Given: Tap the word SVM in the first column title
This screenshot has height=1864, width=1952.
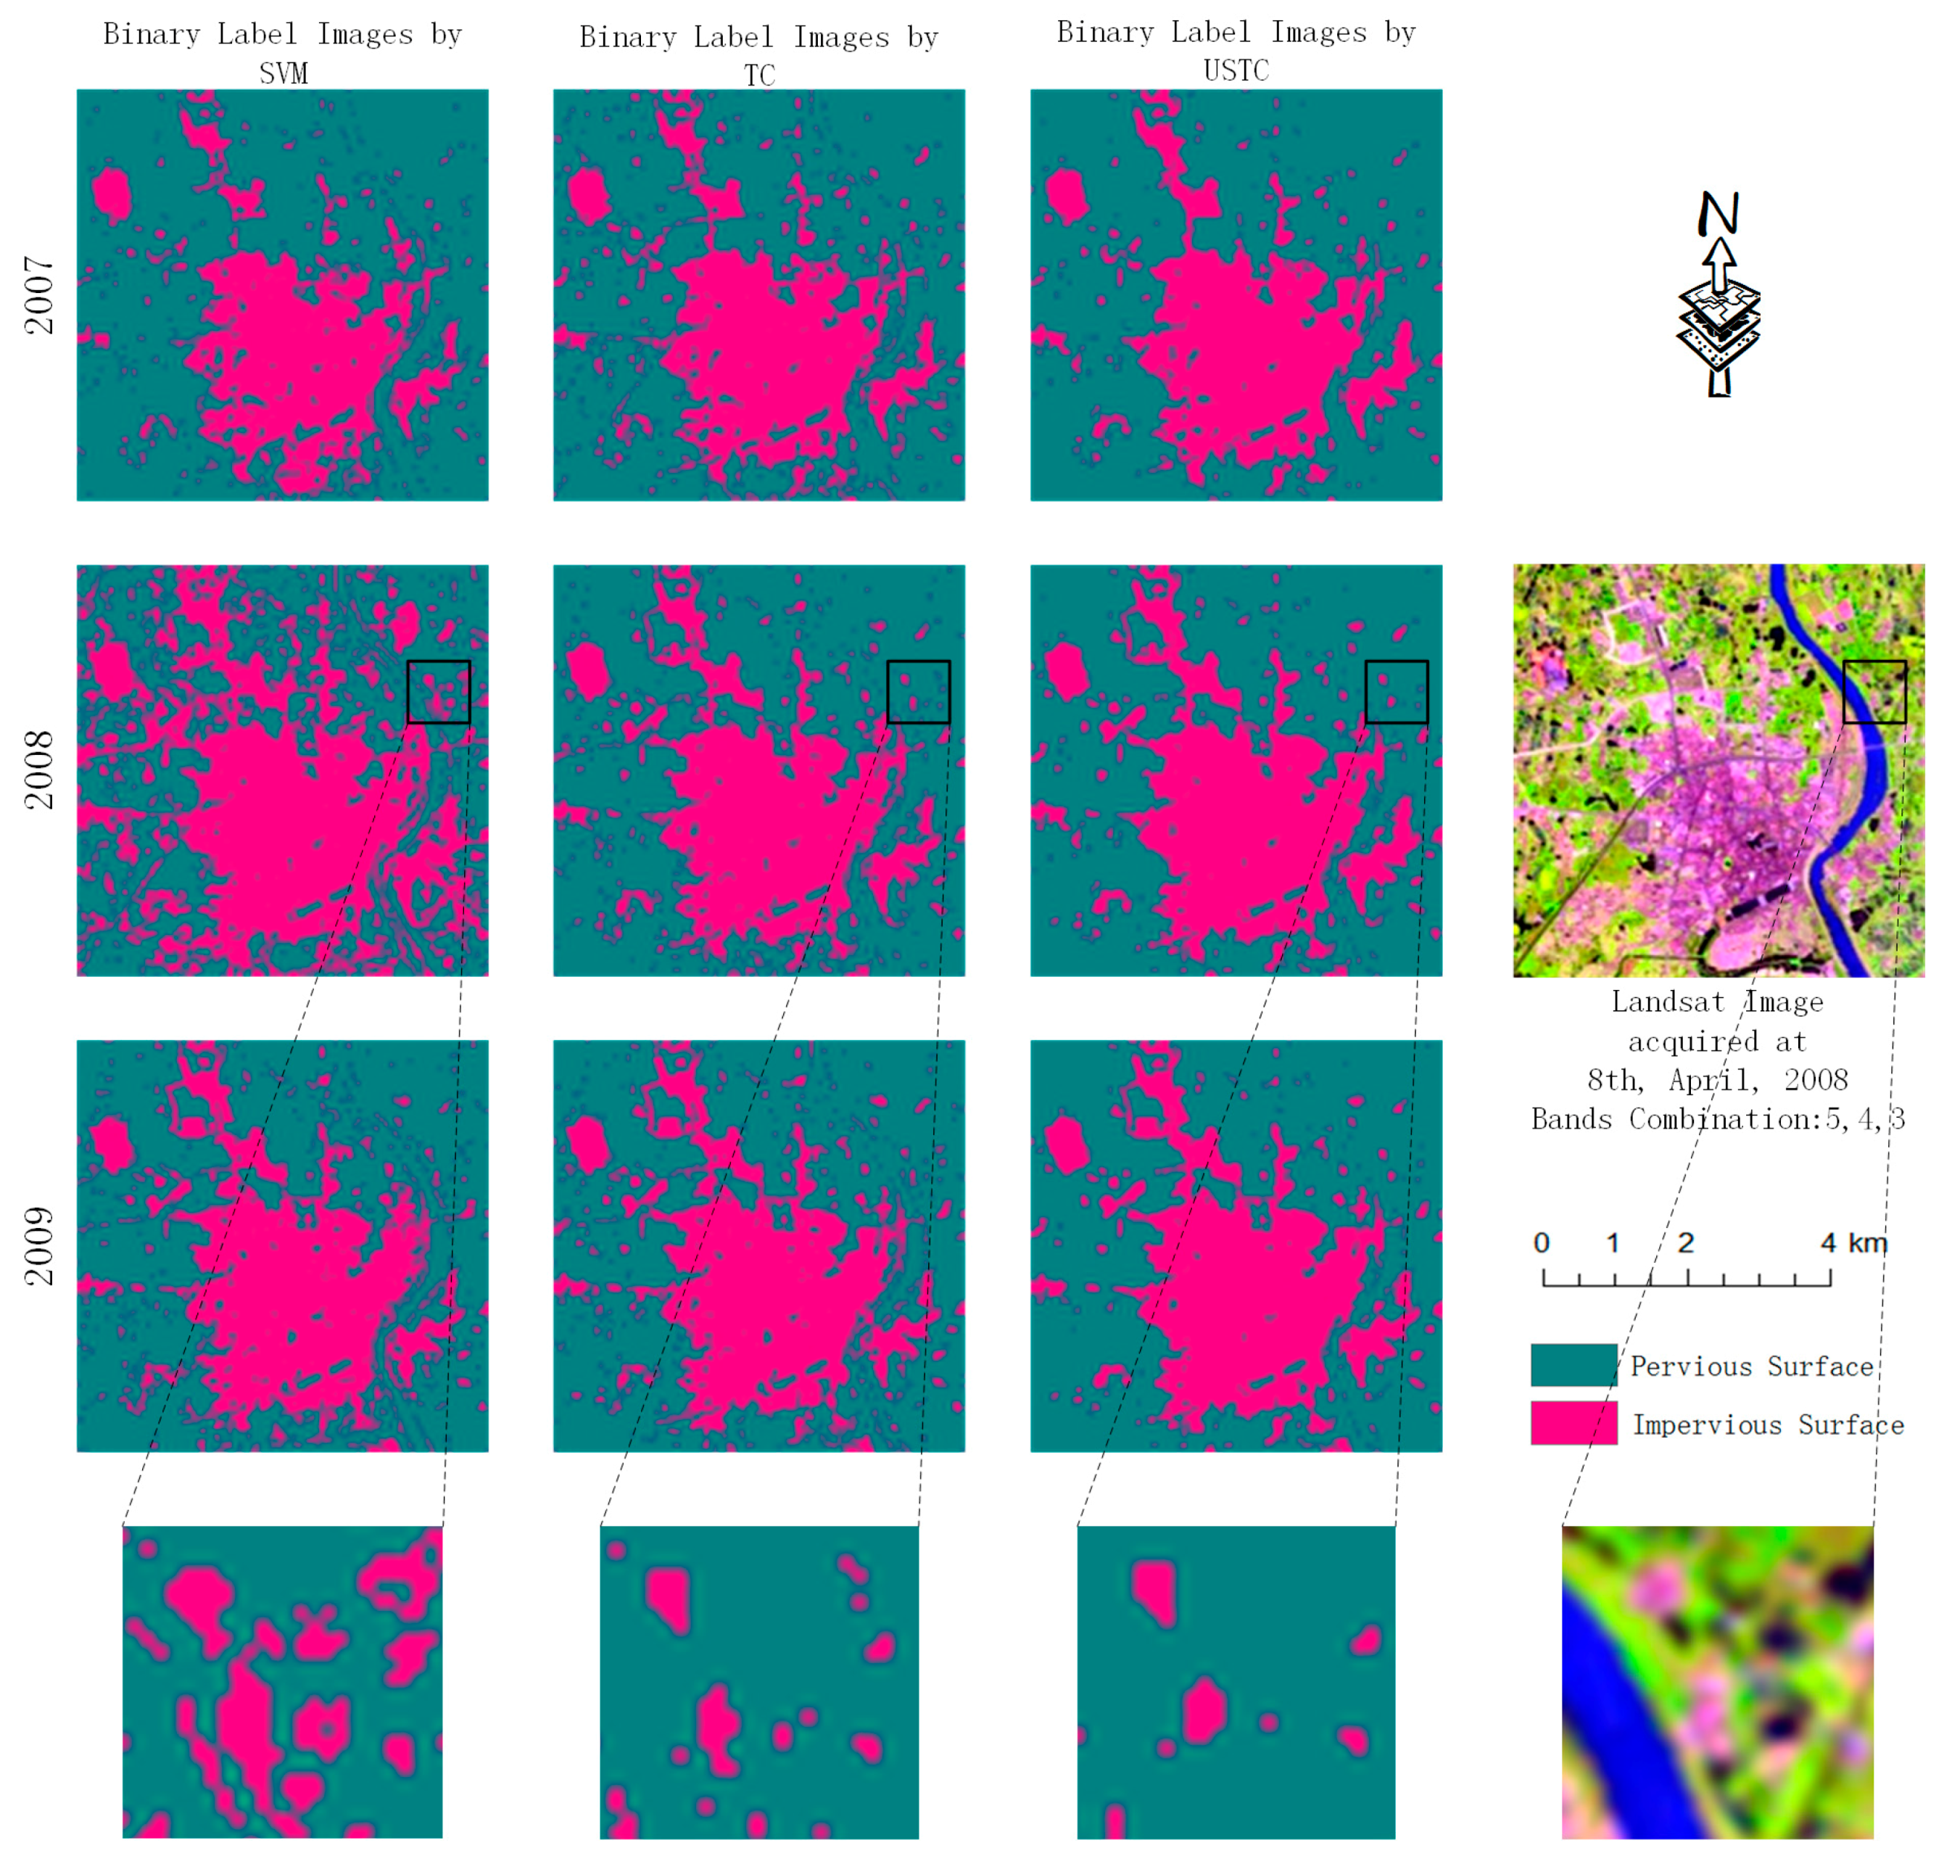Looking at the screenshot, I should tap(283, 73).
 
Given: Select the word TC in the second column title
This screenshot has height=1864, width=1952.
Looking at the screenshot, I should tap(759, 75).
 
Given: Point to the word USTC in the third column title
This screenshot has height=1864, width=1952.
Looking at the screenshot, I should tap(1235, 70).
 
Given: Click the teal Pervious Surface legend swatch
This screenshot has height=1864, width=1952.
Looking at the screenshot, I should tap(1573, 1364).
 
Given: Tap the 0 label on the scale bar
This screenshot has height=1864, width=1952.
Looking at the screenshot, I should tap(1541, 1242).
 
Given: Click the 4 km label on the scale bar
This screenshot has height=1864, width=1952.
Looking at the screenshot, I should tap(1853, 1242).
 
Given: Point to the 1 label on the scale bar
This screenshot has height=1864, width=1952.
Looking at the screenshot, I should tap(1612, 1242).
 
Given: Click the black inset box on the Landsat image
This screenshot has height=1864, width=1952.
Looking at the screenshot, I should tap(1874, 691).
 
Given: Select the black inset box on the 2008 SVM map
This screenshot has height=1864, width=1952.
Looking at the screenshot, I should tap(438, 691).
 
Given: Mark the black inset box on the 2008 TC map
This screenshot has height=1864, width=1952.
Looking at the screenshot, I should tap(918, 691).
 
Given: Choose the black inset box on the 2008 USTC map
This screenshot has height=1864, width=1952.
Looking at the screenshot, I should tap(1396, 691).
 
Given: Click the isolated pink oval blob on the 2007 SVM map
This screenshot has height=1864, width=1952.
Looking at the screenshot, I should tap(111, 194).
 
